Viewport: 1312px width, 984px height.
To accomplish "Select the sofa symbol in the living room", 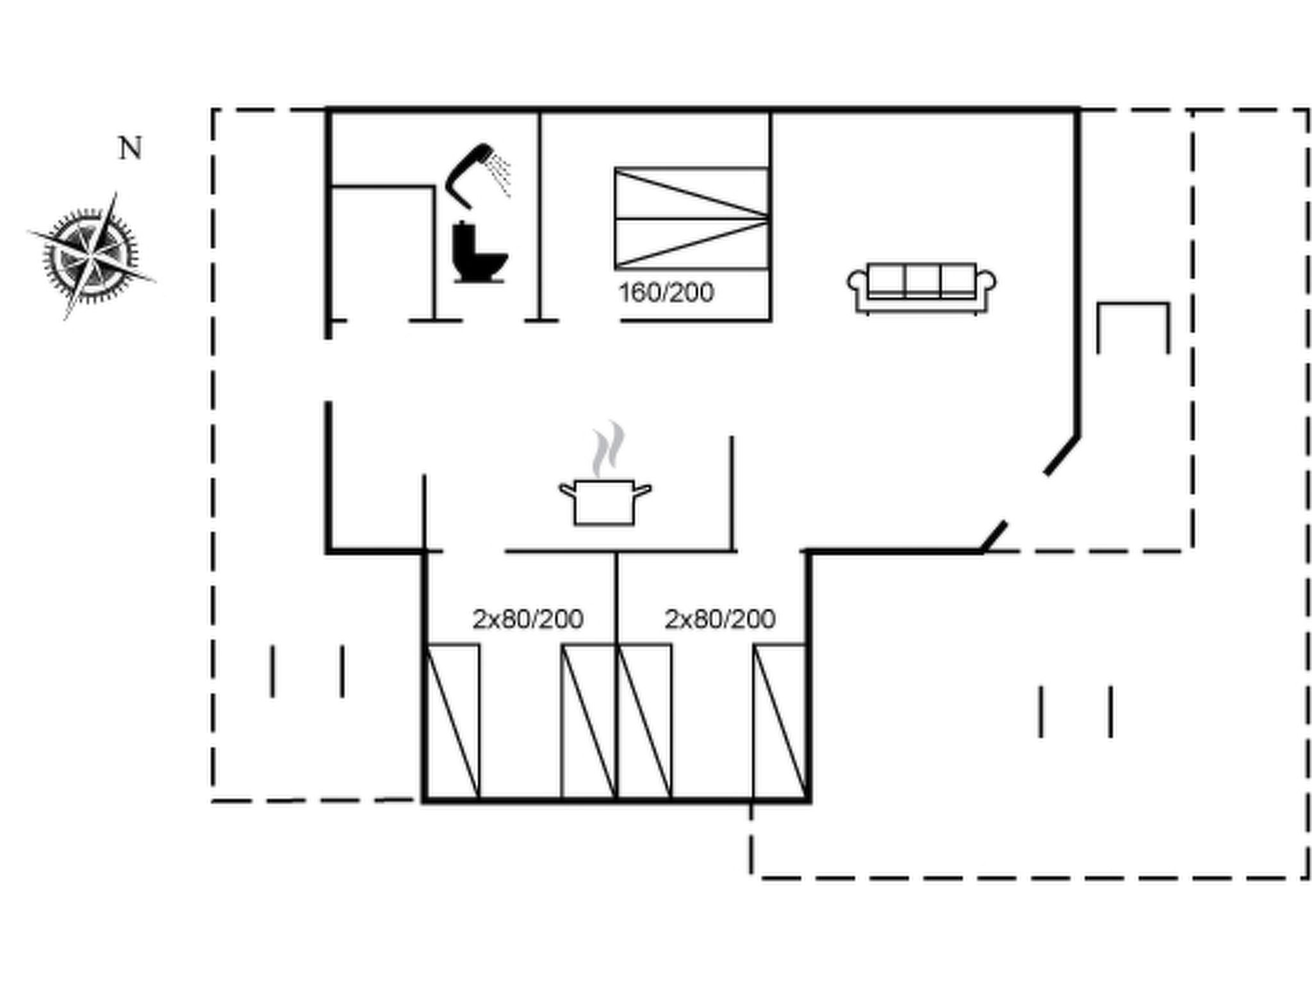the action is coord(922,288).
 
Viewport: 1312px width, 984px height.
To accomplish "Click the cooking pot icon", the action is coord(605,502).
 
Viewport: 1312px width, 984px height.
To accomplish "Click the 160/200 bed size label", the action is coord(666,293).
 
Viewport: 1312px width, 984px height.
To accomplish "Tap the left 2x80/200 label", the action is coord(528,619).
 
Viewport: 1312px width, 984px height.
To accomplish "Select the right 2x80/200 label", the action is coord(720,619).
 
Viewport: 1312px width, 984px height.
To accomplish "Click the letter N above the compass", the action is coord(131,149).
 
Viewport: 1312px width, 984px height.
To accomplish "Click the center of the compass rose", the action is coord(92,256).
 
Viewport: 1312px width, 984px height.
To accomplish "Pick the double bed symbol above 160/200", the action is coord(692,218).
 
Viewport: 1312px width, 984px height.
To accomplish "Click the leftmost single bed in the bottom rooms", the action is coord(452,722).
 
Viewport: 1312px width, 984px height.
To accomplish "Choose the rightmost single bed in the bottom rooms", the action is coord(780,722).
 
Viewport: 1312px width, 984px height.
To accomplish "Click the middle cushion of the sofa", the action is coord(922,280).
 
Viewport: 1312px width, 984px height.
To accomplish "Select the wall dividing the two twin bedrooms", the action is coord(616,676).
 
